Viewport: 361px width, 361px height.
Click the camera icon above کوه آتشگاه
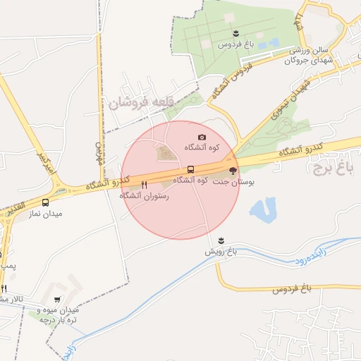point(202,137)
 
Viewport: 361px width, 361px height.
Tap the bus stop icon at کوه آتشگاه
point(191,169)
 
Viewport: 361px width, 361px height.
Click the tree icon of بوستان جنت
point(233,171)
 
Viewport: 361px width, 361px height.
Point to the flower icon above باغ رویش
point(222,240)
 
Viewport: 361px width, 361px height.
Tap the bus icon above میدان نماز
point(46,202)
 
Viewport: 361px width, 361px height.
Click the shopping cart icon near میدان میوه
point(57,299)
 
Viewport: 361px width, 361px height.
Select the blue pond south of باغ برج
point(262,209)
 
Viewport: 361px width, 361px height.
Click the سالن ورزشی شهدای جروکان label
point(307,56)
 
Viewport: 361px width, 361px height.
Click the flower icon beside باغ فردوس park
point(235,33)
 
